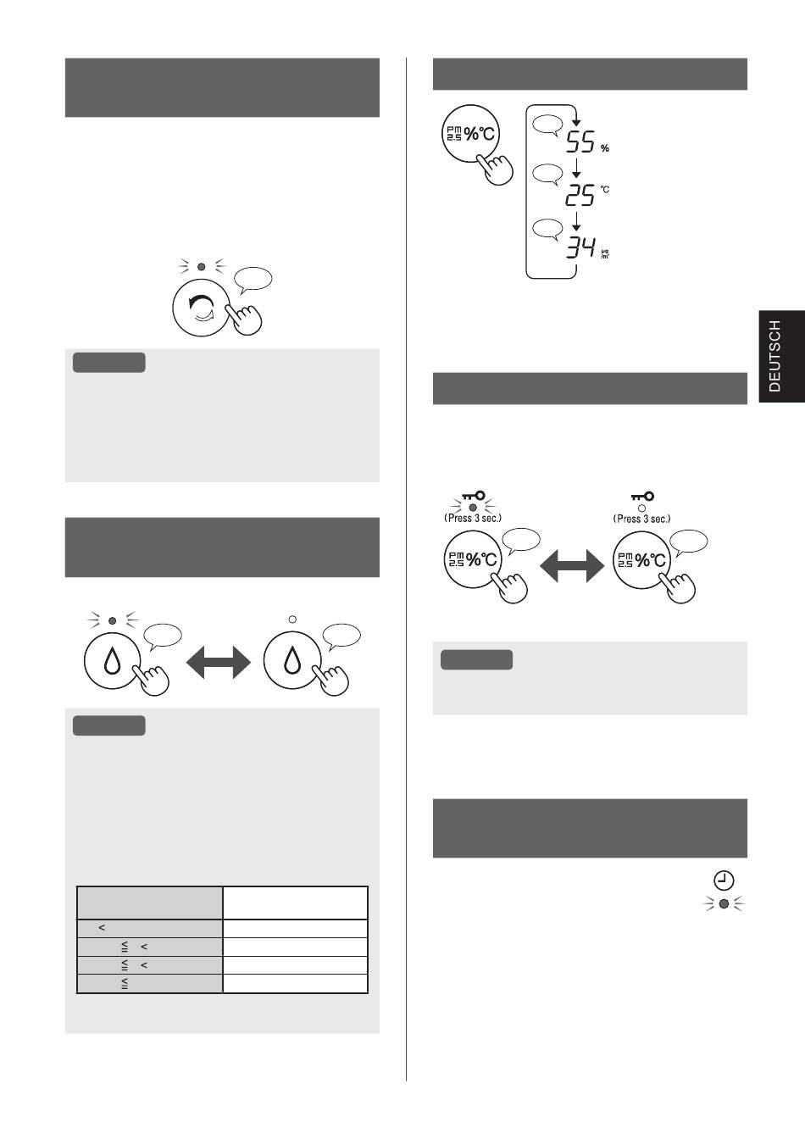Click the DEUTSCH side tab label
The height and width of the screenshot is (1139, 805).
tap(774, 356)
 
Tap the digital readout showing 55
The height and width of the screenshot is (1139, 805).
tap(580, 142)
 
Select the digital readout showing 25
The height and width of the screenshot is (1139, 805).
tap(580, 195)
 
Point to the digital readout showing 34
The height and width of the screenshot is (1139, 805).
tap(580, 247)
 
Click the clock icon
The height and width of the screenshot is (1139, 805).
tap(724, 881)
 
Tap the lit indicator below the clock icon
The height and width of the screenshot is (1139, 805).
tap(724, 903)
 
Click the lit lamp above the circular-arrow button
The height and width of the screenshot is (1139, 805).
tap(202, 266)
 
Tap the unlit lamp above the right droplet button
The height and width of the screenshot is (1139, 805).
tap(292, 620)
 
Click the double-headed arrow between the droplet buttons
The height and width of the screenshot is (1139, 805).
tap(219, 662)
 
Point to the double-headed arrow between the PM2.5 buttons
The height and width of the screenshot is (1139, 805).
tap(572, 565)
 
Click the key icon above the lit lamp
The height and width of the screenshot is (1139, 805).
tap(474, 496)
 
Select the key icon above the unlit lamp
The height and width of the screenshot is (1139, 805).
tap(642, 496)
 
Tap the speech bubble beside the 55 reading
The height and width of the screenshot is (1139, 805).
tap(547, 125)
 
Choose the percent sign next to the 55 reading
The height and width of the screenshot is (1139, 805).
tap(605, 148)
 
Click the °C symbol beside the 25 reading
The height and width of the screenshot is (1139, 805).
tap(605, 189)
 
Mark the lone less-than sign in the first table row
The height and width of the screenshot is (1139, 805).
tap(102, 928)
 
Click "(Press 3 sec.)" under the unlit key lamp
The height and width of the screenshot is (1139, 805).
tap(641, 519)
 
